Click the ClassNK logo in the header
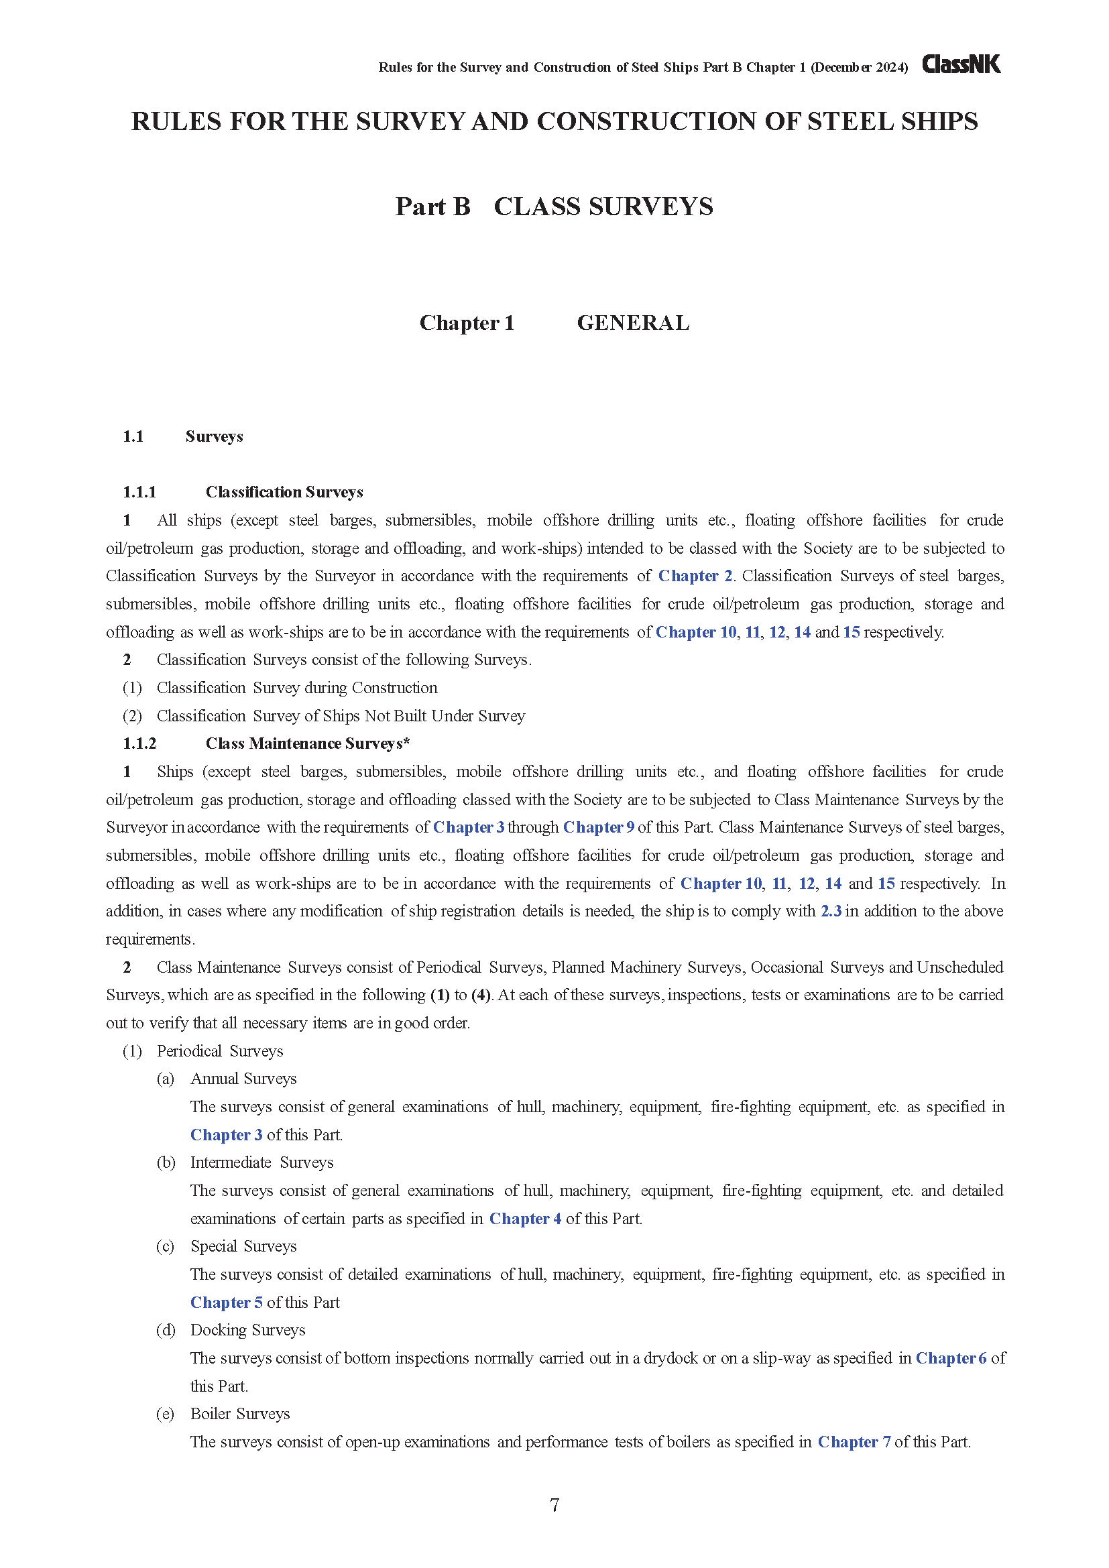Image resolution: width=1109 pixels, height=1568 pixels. coord(961,64)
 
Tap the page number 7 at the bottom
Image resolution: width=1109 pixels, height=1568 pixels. coord(554,1504)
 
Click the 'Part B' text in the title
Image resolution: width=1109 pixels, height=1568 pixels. coord(433,206)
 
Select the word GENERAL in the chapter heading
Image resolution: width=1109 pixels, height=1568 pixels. coord(633,322)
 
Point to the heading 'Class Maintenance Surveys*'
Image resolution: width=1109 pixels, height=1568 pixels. coord(307,743)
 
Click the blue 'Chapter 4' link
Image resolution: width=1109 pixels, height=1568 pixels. coord(525,1218)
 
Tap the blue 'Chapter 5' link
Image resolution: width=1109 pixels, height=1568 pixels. coord(226,1303)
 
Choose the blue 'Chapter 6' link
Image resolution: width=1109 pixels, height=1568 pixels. coord(951,1358)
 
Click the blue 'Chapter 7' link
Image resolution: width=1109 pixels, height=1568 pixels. coord(854,1442)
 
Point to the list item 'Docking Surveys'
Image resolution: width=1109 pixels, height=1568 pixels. coord(247,1329)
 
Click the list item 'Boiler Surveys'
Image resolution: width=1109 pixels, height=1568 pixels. coord(239,1414)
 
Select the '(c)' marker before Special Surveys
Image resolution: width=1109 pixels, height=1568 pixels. coord(165,1246)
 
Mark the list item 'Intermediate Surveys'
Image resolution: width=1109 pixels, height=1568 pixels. coord(261,1162)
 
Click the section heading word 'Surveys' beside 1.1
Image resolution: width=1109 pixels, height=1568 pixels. coord(214,436)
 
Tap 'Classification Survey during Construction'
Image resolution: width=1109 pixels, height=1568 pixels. coord(297,688)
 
